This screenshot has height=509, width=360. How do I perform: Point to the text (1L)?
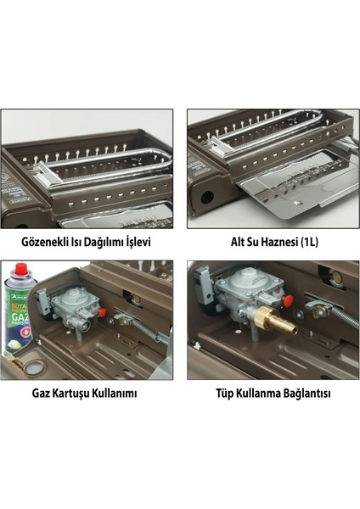pos(309,243)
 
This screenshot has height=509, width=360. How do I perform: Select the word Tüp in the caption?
pos(224,394)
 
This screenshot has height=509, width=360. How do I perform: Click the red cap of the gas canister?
pos(21,268)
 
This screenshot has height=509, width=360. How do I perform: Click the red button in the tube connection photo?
pos(288,300)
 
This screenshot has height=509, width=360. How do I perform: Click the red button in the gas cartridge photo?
pos(103,313)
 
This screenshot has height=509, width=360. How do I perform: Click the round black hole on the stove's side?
pos(207,197)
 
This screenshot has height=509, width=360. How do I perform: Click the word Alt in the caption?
pos(239,242)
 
